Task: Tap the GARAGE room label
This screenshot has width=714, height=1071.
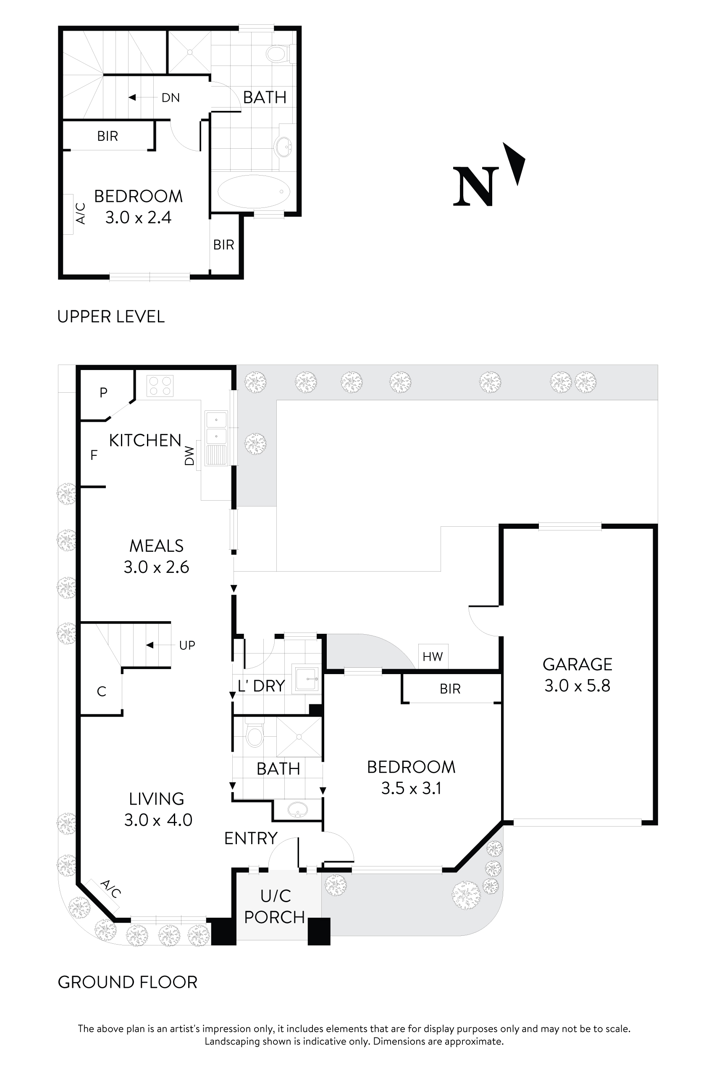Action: click(x=577, y=664)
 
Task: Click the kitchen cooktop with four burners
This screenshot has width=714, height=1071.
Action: click(x=160, y=386)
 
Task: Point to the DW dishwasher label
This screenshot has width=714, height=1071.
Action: click(x=189, y=455)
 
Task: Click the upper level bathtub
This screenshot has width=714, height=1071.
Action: click(x=254, y=191)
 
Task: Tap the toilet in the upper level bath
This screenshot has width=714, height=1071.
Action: click(x=277, y=54)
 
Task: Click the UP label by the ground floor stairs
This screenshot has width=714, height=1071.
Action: click(x=187, y=645)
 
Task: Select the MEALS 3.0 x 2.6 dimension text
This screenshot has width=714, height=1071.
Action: click(x=156, y=567)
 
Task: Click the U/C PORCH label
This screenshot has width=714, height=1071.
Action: click(x=275, y=906)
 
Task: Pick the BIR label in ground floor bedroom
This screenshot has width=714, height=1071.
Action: click(x=450, y=689)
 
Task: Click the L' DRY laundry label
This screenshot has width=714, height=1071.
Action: click(x=261, y=686)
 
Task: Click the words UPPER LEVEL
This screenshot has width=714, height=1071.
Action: click(x=110, y=317)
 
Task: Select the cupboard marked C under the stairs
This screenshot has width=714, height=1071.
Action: click(x=102, y=692)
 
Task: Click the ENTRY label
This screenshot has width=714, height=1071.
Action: click(x=250, y=838)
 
